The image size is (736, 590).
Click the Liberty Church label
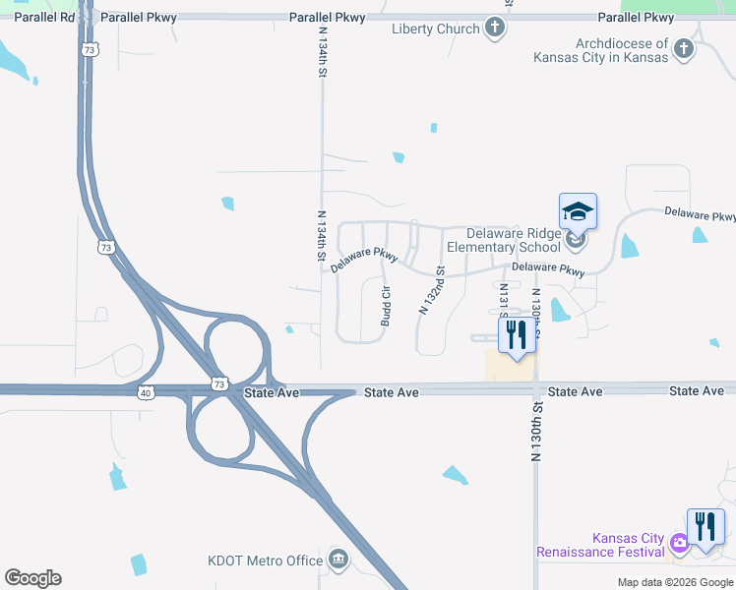click(435, 29)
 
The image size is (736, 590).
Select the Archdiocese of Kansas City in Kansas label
click(600, 50)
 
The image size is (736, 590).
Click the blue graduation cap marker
click(578, 211)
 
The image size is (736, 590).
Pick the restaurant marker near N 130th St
click(516, 334)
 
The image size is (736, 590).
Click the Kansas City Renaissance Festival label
click(600, 545)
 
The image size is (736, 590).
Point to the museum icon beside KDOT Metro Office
click(338, 560)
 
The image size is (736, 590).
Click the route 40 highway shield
click(146, 393)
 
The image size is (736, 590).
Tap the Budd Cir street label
click(387, 306)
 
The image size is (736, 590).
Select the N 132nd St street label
click(433, 290)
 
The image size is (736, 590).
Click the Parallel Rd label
click(44, 18)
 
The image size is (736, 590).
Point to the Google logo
click(32, 578)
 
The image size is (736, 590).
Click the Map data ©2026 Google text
click(674, 582)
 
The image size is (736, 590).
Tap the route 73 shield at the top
click(90, 50)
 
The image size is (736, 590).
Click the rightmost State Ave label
click(697, 391)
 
